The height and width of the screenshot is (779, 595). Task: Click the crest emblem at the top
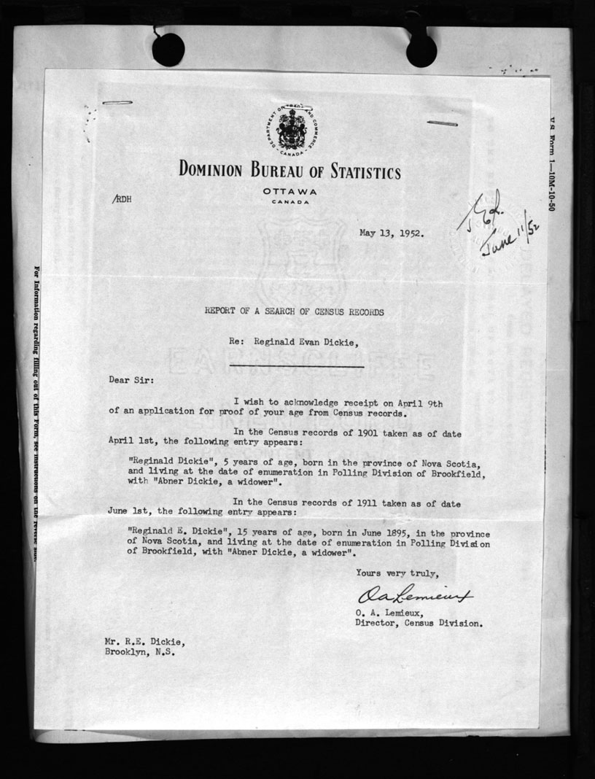pyautogui.click(x=289, y=128)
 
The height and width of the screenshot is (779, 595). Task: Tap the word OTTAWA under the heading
pyautogui.click(x=289, y=191)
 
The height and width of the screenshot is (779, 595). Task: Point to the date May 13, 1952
pyautogui.click(x=392, y=234)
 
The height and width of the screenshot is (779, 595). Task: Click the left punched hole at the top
pyautogui.click(x=168, y=48)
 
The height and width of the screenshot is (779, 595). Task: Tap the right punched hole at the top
pyautogui.click(x=421, y=50)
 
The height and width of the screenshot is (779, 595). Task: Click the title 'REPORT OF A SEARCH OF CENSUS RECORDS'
pyautogui.click(x=294, y=311)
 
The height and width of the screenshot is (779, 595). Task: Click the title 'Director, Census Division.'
pyautogui.click(x=418, y=624)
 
